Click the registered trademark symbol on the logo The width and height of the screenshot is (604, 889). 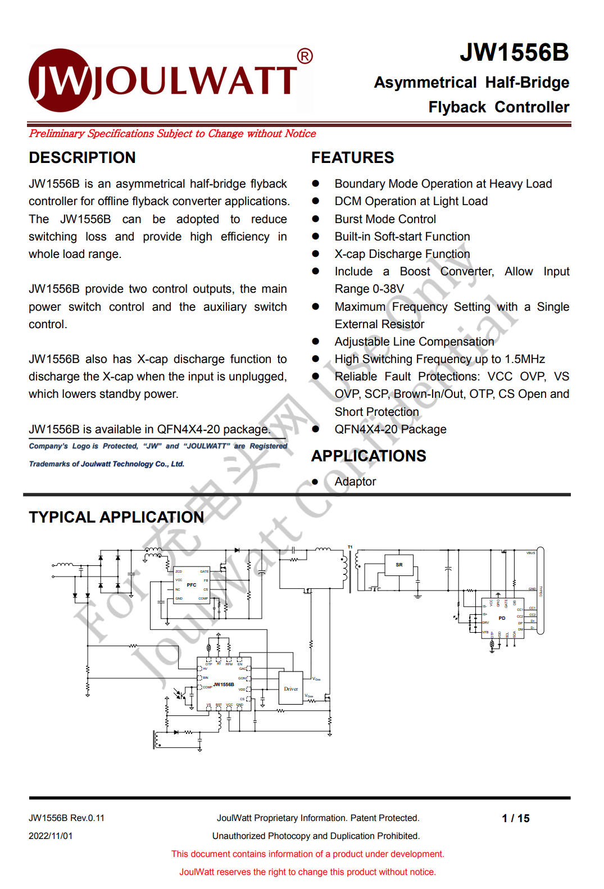pyautogui.click(x=305, y=56)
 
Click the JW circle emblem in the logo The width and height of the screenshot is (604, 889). pyautogui.click(x=60, y=80)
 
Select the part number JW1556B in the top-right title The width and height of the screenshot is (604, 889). pyautogui.click(x=514, y=52)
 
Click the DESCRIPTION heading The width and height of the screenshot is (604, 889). pyautogui.click(x=82, y=157)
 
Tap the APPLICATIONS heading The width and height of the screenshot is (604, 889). pyautogui.click(x=369, y=456)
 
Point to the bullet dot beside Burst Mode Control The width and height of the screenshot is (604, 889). pyautogui.click(x=316, y=219)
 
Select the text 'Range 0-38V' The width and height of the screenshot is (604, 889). pyautogui.click(x=369, y=289)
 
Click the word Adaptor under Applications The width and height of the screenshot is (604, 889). pyautogui.click(x=355, y=482)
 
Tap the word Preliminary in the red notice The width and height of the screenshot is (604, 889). pyautogui.click(x=57, y=134)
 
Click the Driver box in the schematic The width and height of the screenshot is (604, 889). pyautogui.click(x=291, y=688)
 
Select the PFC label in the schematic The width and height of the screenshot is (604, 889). pyautogui.click(x=192, y=585)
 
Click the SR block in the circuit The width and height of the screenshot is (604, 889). pyautogui.click(x=399, y=565)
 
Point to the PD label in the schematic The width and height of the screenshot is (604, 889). pyautogui.click(x=502, y=618)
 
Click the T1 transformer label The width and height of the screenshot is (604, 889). pyautogui.click(x=350, y=547)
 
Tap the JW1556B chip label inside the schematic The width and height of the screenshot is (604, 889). pyautogui.click(x=224, y=684)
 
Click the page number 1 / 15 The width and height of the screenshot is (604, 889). pyautogui.click(x=516, y=818)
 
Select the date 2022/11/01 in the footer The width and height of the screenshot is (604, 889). pyautogui.click(x=51, y=836)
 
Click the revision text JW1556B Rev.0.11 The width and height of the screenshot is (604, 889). pyautogui.click(x=66, y=818)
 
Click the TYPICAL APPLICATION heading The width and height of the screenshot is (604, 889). pyautogui.click(x=116, y=517)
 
